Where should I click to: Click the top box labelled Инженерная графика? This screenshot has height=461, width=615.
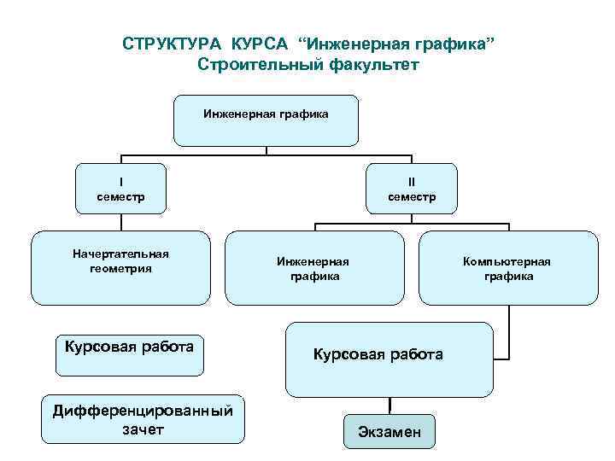[266, 120]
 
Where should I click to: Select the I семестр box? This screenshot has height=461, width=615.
[120, 189]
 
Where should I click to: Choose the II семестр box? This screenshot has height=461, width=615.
[411, 189]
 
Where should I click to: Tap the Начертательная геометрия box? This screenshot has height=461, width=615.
[120, 267]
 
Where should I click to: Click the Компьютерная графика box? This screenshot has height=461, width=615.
[507, 267]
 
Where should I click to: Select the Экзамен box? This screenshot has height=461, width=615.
[389, 430]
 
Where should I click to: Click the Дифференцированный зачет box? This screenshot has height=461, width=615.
[143, 419]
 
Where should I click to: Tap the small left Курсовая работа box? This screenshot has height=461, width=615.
[129, 355]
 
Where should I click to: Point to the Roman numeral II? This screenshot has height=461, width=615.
[411, 181]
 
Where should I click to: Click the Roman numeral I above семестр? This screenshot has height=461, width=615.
[120, 181]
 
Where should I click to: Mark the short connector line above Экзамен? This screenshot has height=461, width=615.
[390, 405]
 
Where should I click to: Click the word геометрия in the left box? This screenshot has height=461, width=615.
[120, 268]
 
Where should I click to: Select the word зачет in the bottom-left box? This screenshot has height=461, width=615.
[143, 429]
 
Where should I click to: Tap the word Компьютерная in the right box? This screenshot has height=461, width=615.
[507, 261]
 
